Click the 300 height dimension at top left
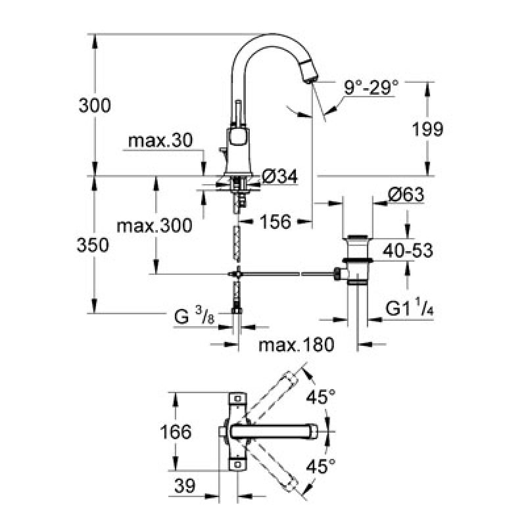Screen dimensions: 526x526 (95, 105)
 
